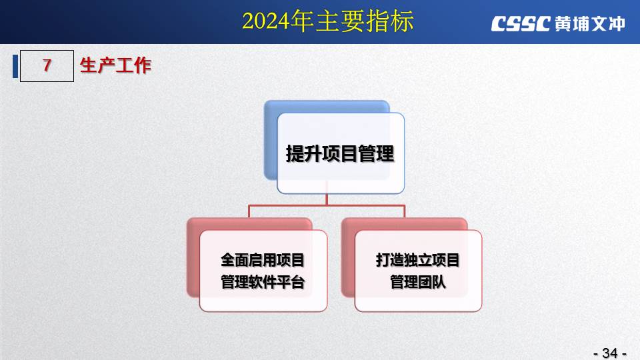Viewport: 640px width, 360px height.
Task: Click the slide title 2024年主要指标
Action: click(x=328, y=21)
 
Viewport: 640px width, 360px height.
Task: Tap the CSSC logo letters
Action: click(x=521, y=24)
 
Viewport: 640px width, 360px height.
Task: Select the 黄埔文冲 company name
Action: click(x=590, y=24)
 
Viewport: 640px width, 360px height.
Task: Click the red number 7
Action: click(x=47, y=65)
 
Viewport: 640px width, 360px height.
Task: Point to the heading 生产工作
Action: click(x=115, y=65)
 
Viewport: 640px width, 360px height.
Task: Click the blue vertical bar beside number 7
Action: click(x=15, y=66)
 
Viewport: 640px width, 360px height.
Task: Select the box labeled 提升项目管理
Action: click(x=341, y=153)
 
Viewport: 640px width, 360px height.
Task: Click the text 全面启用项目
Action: click(x=263, y=260)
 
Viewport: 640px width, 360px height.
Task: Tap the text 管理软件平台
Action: click(x=263, y=282)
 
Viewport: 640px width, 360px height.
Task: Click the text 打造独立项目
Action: click(x=417, y=260)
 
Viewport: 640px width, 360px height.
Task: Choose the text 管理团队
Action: click(x=417, y=282)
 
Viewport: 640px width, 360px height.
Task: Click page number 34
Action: click(x=610, y=353)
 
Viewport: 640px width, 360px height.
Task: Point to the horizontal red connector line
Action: click(x=327, y=205)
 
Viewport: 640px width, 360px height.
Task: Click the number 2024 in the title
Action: click(x=266, y=21)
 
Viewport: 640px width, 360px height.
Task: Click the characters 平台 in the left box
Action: click(x=291, y=282)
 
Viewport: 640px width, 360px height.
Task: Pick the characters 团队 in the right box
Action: click(x=432, y=282)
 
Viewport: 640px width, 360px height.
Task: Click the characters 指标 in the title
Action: click(x=389, y=21)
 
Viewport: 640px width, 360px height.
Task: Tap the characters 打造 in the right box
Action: click(x=389, y=260)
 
